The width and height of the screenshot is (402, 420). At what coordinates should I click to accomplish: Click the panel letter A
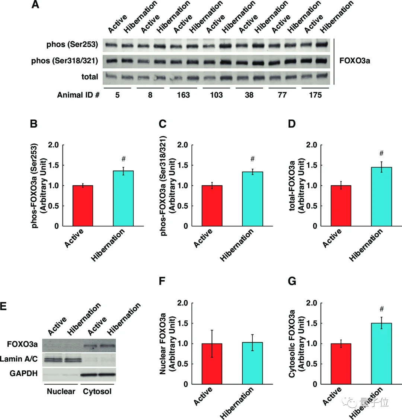pos(35,5)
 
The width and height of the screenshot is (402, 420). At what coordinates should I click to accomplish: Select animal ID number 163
pos(183,95)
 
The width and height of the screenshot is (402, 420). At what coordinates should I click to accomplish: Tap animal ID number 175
pos(315,95)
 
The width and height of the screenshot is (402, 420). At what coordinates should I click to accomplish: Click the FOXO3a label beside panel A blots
pos(355,60)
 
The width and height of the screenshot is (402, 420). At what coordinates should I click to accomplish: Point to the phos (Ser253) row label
pos(72,45)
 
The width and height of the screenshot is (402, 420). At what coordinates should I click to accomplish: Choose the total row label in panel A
pos(90,77)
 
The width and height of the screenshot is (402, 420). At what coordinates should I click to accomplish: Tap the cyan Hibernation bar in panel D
pos(382,197)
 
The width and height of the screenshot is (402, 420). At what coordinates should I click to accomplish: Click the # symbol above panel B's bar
pos(124,159)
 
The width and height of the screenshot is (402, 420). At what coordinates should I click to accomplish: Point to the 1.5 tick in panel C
pos(182,165)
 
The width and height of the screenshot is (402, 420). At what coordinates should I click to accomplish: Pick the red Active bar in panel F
pos(212,364)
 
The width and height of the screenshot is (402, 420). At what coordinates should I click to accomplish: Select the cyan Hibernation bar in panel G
pos(382,354)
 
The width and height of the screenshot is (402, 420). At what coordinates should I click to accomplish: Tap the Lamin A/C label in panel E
pos(19,359)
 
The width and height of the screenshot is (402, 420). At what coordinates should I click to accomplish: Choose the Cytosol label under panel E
pos(97,391)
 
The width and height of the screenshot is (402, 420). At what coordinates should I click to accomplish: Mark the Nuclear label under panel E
pos(61,391)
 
